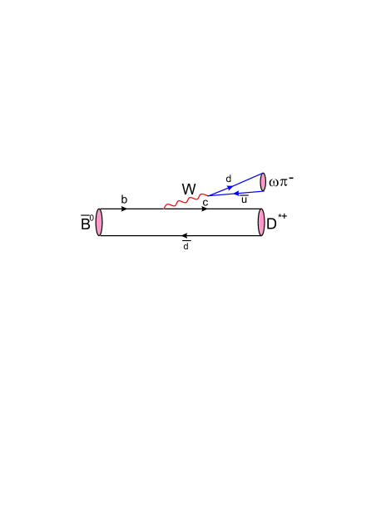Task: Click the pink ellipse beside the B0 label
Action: [x=99, y=223]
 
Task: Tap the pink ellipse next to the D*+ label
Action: [x=260, y=223]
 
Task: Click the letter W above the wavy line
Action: [x=188, y=189]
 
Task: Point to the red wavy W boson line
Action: [x=185, y=202]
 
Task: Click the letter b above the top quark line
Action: [x=124, y=199]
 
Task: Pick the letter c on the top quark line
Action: [x=205, y=202]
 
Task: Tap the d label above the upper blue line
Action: [x=228, y=179]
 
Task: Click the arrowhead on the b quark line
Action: [x=124, y=209]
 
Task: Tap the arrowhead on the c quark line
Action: [x=205, y=209]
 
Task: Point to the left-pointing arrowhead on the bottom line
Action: [x=184, y=236]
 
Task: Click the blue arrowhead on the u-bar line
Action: [x=236, y=194]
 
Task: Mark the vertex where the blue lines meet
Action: [x=208, y=196]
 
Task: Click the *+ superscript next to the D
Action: [x=283, y=216]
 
